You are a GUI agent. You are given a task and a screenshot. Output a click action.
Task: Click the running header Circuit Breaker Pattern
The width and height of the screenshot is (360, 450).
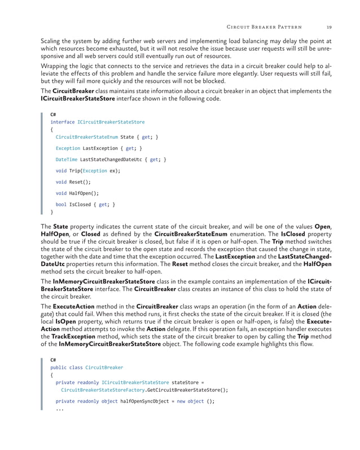tap(264, 26)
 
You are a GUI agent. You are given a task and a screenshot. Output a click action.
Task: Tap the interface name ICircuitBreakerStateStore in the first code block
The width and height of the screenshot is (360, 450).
tap(107, 122)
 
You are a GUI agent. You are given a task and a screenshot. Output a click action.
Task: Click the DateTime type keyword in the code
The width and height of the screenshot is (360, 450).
tap(67, 160)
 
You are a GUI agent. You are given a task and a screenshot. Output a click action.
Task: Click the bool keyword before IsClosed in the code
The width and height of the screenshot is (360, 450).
tap(61, 205)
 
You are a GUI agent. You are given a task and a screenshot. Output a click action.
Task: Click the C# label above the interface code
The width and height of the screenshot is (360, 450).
tap(54, 114)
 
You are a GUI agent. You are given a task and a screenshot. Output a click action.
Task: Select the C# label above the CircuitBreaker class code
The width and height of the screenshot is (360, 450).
tap(54, 360)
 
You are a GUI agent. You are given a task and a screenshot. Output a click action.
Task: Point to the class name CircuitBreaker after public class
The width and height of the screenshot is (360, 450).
tap(104, 368)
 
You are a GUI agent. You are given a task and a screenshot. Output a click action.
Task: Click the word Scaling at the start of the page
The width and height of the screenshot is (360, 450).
tap(52, 41)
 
